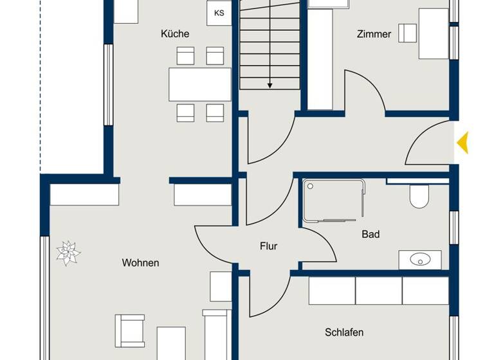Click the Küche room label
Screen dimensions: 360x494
[x=175, y=33]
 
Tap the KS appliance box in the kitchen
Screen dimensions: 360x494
[x=219, y=13]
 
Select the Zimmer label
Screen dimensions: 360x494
[x=374, y=33]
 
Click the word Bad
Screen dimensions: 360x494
[x=370, y=235]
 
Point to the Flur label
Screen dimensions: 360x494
[x=268, y=246]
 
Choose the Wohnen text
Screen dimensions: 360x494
[x=140, y=262]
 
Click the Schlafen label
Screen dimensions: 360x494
[x=344, y=332]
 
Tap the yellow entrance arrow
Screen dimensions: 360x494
[x=462, y=142]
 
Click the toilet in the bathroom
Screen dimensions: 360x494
[x=419, y=196]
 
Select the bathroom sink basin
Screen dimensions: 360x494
[x=420, y=260]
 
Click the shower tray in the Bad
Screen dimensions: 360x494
[x=333, y=201]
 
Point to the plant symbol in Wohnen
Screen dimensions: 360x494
[x=68, y=253]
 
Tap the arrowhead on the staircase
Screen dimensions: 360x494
[x=270, y=84]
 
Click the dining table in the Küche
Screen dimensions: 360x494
[x=199, y=84]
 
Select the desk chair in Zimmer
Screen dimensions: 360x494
[x=407, y=32]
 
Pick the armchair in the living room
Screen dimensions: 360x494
[x=129, y=331]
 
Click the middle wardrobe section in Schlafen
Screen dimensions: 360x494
[x=378, y=291]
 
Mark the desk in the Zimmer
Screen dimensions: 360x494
[x=433, y=33]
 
